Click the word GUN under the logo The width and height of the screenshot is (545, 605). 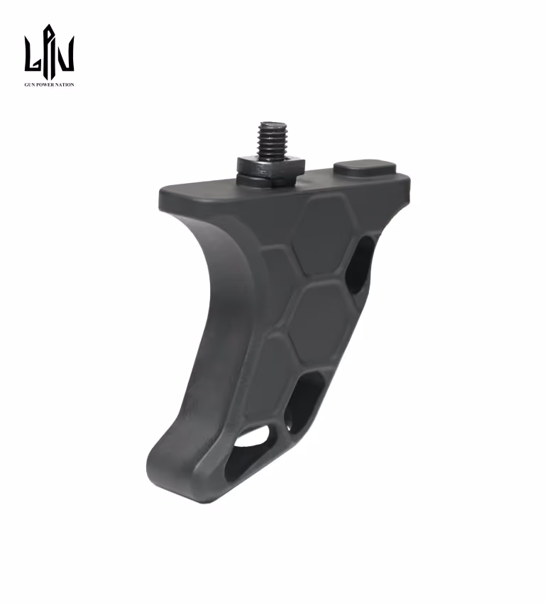tap(29, 84)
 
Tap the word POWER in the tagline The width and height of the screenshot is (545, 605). tap(45, 84)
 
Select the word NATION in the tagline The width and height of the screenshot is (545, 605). tap(65, 84)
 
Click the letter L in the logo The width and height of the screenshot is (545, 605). tap(32, 54)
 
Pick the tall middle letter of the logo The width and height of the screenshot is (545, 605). tap(49, 50)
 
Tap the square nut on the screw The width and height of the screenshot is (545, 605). tap(270, 166)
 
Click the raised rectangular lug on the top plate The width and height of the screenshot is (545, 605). tap(365, 169)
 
